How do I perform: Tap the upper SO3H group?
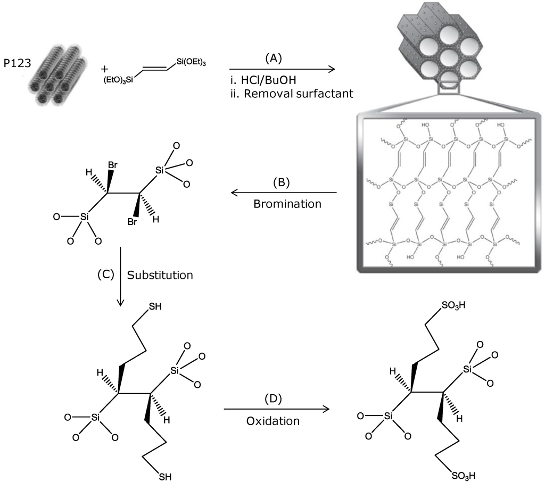point(452,306)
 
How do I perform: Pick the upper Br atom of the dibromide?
point(112,165)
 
